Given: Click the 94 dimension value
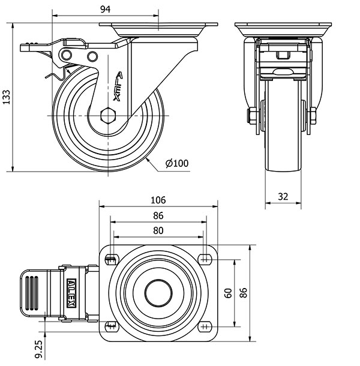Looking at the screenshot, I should [105, 8].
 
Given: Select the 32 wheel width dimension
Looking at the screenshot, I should [283, 196].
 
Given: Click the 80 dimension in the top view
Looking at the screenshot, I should [158, 230].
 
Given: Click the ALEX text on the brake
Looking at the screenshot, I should [71, 292].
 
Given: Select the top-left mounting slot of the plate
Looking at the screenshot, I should [111, 259].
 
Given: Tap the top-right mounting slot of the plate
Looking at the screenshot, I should [205, 259].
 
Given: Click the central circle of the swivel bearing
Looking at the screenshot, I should [158, 292].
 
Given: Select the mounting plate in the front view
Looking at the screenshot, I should [283, 28].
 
